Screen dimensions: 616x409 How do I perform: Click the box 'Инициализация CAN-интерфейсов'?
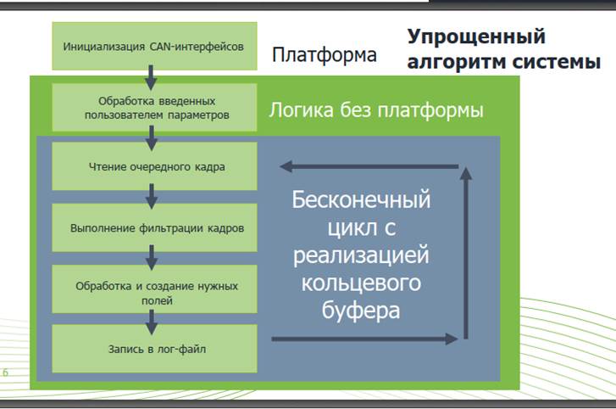154,46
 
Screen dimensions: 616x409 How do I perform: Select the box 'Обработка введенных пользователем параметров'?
154,107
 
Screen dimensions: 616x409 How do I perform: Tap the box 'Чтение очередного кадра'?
154,166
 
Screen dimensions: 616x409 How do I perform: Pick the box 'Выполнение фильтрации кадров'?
154,227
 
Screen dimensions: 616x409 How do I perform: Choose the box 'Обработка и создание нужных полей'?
154,289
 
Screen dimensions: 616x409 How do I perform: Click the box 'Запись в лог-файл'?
154,349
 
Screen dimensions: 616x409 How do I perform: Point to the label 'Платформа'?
325,54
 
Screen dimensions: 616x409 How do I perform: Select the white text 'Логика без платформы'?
376,110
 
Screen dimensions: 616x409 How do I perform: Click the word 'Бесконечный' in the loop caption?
361,199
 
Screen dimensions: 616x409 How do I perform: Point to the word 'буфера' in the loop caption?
361,311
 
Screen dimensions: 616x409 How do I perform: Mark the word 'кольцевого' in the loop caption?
361,283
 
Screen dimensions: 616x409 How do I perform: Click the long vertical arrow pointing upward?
466,253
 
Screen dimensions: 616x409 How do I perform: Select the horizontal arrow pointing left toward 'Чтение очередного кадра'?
369,166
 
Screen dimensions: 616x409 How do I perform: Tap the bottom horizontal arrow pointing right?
364,339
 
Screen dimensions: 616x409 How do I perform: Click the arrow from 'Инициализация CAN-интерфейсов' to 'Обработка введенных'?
151,77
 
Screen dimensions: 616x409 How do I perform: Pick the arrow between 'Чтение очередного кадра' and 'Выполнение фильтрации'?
152,196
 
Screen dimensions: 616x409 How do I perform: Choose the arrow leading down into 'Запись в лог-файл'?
152,322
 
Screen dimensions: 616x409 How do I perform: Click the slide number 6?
5,373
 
